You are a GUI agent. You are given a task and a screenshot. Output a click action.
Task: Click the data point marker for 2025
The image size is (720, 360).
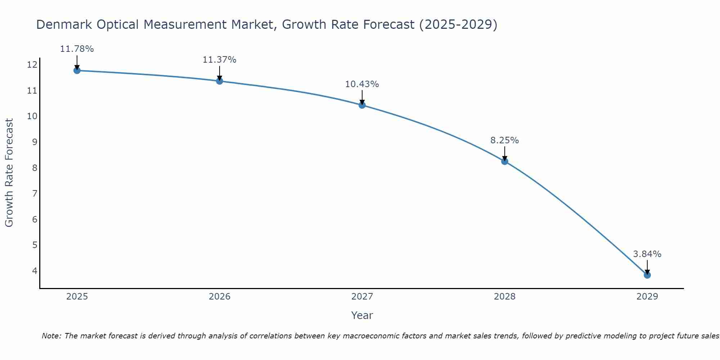tap(77, 70)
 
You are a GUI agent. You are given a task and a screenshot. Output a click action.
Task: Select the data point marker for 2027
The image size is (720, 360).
tap(362, 105)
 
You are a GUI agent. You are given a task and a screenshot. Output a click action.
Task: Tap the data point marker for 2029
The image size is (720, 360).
tap(647, 275)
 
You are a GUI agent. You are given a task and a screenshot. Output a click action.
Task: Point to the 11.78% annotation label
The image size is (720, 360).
tap(77, 49)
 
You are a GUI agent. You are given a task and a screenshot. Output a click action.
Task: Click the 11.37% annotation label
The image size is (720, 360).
tap(219, 60)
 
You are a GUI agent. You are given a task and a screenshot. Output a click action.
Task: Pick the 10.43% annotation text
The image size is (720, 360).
tap(362, 84)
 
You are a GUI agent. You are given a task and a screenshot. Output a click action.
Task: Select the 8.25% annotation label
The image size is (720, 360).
tap(504, 140)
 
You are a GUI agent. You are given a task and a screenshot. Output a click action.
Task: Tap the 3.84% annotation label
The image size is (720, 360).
tap(647, 254)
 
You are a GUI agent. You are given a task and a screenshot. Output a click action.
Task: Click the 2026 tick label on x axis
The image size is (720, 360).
tap(220, 297)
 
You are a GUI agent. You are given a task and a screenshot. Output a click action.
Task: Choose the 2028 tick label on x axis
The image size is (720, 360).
tap(504, 297)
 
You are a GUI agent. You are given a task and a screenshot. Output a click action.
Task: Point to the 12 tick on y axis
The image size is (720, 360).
tap(32, 65)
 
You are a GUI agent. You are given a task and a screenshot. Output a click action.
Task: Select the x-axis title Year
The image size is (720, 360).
tap(362, 315)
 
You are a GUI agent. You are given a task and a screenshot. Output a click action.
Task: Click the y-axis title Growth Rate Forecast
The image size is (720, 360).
tap(9, 173)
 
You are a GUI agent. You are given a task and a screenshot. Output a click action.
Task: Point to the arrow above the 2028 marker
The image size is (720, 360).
tap(504, 153)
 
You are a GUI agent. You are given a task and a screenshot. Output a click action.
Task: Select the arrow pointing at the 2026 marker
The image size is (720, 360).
tap(219, 73)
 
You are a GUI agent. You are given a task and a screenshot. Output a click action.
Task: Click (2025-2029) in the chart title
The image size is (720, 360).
tap(458, 24)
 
